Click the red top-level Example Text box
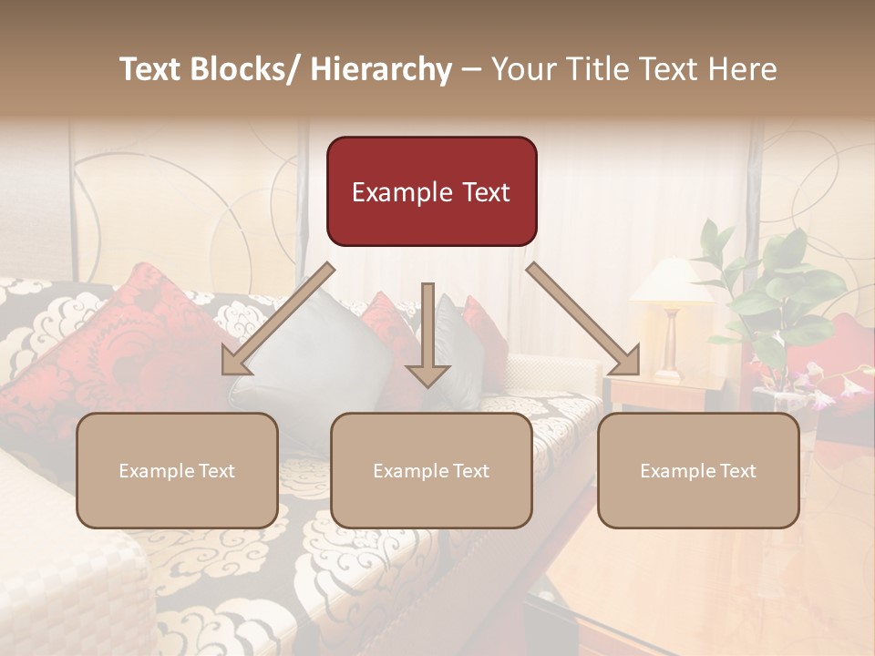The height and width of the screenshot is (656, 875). (431, 191)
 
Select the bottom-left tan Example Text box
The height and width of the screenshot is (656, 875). (177, 470)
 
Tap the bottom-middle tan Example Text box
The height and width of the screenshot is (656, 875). (431, 470)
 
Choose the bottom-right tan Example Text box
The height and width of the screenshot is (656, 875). (698, 470)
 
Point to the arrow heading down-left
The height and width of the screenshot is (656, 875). (278, 319)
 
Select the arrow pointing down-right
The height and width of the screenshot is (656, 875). (583, 319)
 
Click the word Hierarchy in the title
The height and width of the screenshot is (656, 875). (380, 69)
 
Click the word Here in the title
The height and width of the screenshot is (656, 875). (742, 69)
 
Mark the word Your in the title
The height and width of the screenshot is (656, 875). (521, 69)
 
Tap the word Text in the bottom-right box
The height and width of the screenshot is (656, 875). (736, 470)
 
